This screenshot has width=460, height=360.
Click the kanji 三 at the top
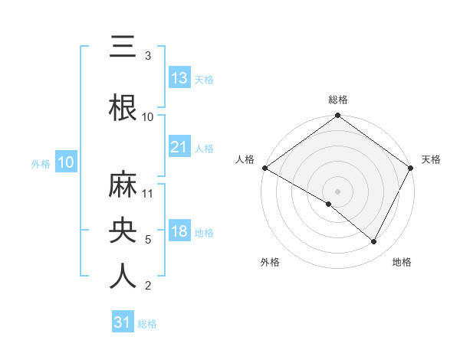123,47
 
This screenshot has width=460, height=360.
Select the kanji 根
123,108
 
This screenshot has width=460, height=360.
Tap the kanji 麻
123,186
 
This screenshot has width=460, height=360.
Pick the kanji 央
123,231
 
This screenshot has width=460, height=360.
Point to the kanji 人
123,277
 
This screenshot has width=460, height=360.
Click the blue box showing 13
179,78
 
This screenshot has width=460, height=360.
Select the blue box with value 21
179,147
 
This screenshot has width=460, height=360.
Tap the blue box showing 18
179,231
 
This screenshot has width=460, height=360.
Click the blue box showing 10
66,162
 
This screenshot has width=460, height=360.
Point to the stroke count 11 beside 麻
149,193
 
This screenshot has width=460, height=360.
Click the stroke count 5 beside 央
149,239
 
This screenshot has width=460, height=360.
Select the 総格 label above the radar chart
337,100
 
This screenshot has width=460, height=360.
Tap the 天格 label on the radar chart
431,159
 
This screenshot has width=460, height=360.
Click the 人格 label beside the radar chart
245,159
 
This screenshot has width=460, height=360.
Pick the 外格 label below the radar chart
270,262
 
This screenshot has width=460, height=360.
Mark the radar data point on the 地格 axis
374,242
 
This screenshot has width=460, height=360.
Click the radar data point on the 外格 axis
329,204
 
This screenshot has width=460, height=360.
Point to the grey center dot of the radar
337,191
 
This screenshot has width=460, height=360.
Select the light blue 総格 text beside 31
147,324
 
